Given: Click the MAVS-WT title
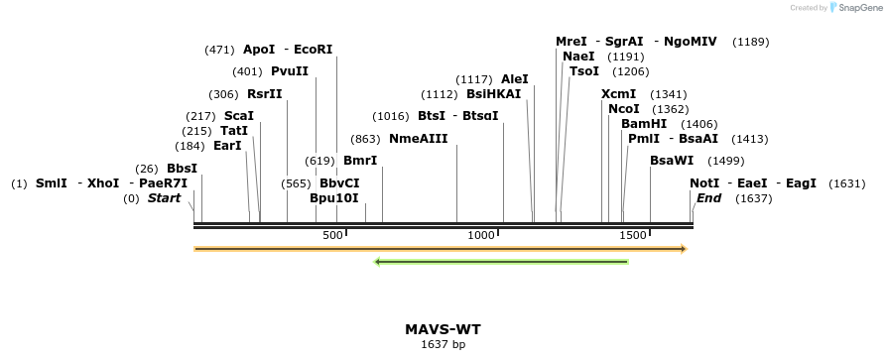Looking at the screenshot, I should [443, 329].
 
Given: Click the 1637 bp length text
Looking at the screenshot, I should [443, 345].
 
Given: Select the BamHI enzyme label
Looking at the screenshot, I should [644, 124].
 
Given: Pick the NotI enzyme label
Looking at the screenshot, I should [704, 183].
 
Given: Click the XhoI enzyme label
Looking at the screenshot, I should [103, 183].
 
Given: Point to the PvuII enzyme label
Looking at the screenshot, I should [290, 71].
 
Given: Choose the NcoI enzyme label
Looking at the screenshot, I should [624, 109].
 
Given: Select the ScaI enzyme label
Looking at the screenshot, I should [239, 116].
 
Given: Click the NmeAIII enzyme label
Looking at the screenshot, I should [419, 139].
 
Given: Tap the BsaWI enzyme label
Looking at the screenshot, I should [672, 161].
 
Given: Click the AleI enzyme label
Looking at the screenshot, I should [515, 79].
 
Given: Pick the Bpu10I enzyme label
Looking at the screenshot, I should [334, 198].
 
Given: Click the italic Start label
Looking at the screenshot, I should [164, 198].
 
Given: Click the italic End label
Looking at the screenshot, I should [708, 198].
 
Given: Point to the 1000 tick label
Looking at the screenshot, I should [481, 235].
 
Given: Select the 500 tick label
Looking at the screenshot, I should [332, 235].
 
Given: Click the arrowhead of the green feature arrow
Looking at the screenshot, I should [378, 262].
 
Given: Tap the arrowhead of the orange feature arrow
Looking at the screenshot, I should [682, 249].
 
